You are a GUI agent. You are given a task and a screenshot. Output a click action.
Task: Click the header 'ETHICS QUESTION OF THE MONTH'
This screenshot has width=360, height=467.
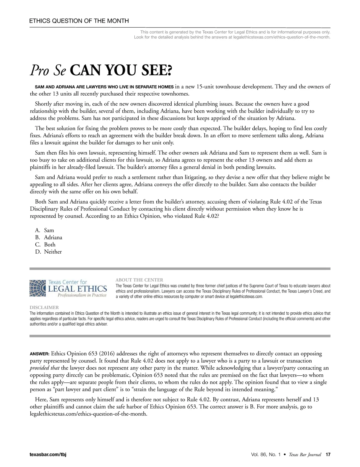pos(79,21)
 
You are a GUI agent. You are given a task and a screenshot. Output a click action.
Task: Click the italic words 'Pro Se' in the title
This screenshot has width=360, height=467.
pos(48,71)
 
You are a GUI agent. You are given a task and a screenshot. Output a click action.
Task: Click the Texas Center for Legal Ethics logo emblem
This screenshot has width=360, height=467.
pos(37,288)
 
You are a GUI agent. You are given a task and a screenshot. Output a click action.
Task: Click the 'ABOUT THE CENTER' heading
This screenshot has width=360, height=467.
pos(139,280)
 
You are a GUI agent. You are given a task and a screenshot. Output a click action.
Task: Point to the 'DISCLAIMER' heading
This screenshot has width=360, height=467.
pos(44,308)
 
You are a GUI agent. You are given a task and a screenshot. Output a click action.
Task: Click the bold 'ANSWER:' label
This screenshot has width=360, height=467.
pos(39,354)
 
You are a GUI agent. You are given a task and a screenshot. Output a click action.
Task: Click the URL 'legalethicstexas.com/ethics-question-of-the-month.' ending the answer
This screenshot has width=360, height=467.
pos(89,414)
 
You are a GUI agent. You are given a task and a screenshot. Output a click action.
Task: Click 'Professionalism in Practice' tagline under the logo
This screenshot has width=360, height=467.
pos(82,296)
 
